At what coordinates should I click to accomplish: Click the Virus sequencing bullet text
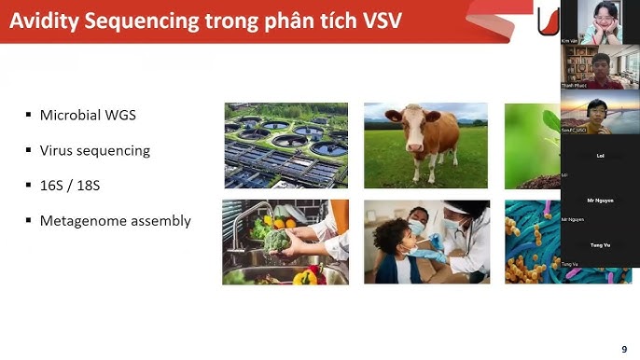click(94, 150)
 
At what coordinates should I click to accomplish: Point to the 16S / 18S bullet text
click(70, 186)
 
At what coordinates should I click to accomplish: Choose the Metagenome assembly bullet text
click(115, 221)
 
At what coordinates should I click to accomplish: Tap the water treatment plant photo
click(286, 145)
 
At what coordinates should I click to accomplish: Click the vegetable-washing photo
click(285, 242)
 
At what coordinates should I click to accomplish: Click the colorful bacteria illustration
click(533, 242)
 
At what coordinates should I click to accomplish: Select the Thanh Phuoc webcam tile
click(600, 67)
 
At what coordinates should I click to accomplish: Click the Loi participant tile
click(600, 157)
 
